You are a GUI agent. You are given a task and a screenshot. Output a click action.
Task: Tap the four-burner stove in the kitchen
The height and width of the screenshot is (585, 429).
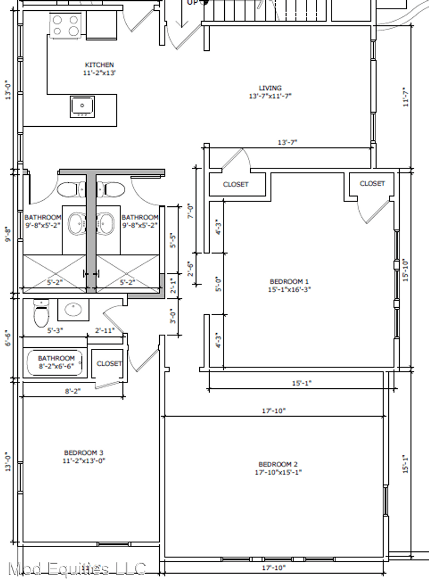tap(66, 25)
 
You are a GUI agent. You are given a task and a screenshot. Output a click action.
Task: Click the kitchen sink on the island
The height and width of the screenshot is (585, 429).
tap(82, 106)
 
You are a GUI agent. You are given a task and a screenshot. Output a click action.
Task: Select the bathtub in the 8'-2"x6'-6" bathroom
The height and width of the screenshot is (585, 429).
tap(55, 362)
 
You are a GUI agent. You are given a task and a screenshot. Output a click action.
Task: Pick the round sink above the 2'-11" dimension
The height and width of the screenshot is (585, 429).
tap(74, 309)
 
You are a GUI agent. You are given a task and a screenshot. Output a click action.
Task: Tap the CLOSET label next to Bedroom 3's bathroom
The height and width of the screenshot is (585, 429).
tap(109, 363)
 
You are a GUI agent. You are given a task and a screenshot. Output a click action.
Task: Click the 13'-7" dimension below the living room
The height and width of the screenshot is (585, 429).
tap(288, 142)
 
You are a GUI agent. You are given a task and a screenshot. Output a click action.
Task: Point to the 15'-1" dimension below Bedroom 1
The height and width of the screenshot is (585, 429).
tap(301, 383)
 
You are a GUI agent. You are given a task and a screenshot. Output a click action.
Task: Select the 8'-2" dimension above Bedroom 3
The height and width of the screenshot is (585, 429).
tap(73, 391)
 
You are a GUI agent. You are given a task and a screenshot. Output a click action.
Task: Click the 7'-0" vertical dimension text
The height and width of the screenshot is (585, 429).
tap(191, 211)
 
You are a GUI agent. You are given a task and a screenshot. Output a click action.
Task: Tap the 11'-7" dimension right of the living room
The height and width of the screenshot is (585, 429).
tap(406, 97)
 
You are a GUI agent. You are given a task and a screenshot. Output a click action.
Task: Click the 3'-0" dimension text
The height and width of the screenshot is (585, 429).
tap(173, 316)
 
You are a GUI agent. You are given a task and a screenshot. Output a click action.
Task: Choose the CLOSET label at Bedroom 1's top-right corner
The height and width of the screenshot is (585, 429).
tap(372, 184)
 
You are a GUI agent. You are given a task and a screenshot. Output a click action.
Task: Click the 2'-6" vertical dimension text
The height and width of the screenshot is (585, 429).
tap(191, 269)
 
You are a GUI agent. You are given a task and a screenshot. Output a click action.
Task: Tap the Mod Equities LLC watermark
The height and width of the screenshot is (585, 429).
tap(77, 569)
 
